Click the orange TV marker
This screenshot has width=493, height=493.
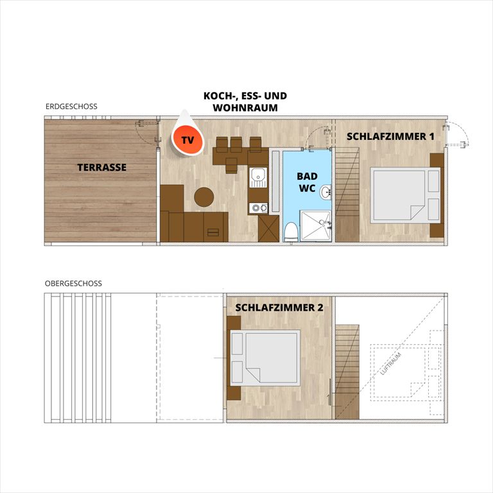[x=187, y=140]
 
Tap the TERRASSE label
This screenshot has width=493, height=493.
[x=102, y=168]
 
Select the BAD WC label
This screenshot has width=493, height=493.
[x=307, y=182]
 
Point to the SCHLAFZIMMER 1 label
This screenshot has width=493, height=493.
[x=390, y=137]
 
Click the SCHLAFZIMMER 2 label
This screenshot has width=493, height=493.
[x=279, y=307]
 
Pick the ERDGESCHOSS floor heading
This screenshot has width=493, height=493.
[x=71, y=107]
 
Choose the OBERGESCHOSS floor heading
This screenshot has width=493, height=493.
[x=73, y=283]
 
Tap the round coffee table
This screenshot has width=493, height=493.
[x=204, y=197]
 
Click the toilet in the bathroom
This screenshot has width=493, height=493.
[x=291, y=232]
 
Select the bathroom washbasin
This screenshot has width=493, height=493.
[x=325, y=191]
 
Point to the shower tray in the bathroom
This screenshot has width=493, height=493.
[x=315, y=226]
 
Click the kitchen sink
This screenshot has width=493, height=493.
[x=259, y=178]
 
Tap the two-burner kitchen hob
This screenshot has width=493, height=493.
[x=259, y=208]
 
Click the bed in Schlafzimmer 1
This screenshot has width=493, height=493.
[x=405, y=195]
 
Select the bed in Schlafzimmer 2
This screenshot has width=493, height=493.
[x=265, y=358]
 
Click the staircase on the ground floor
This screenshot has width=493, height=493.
[x=347, y=195]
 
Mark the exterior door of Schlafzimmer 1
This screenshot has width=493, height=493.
[x=456, y=135]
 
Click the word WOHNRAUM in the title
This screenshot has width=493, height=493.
[x=245, y=108]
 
